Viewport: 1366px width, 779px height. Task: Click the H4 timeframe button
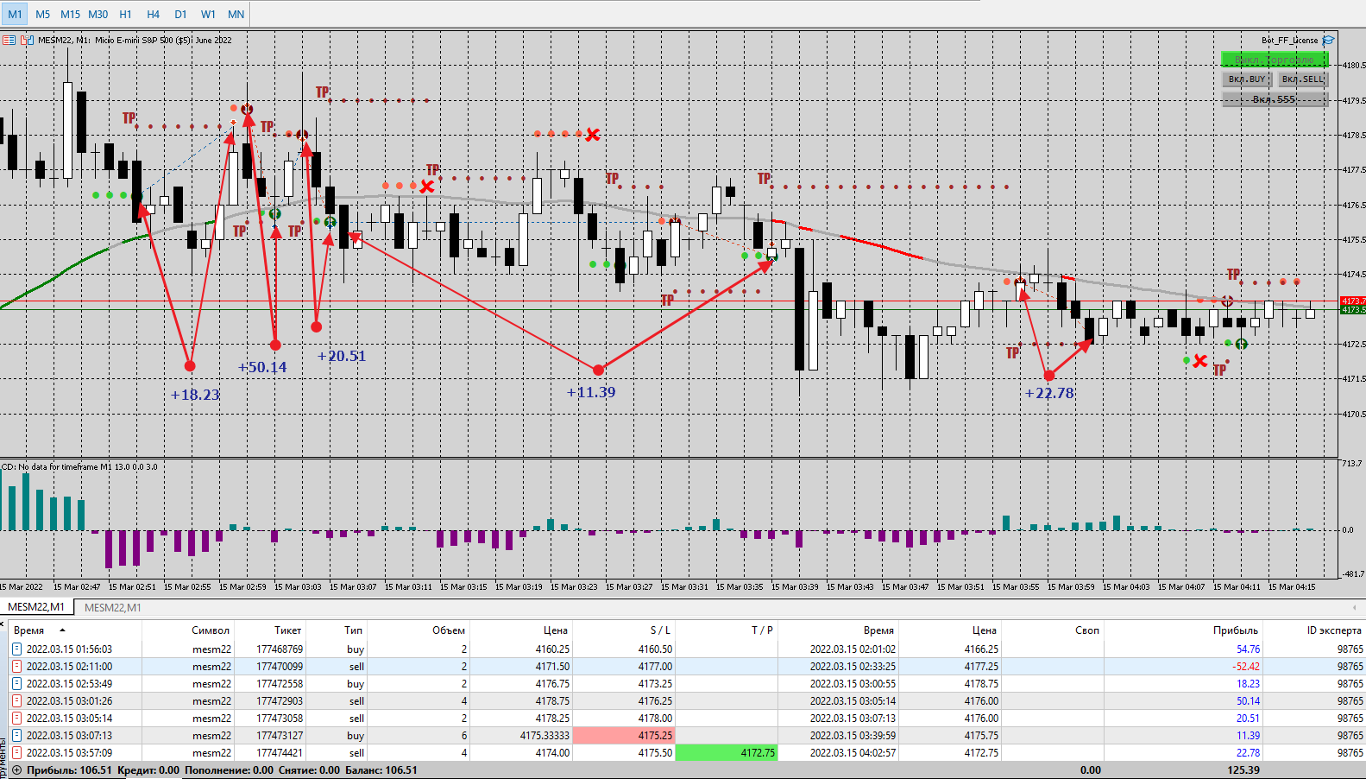click(153, 14)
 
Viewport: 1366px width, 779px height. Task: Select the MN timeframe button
click(236, 14)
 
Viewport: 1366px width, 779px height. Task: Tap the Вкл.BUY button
click(1246, 79)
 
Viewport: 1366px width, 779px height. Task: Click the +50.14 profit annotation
click(262, 368)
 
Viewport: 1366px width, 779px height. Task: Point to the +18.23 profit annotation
click(195, 396)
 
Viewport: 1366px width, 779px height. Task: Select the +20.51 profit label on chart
click(342, 357)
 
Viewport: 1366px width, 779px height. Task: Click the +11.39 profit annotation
click(591, 393)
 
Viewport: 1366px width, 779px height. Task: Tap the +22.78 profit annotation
click(1049, 394)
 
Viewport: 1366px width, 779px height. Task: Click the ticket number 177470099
click(279, 667)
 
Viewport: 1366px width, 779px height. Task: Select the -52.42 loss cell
click(1246, 667)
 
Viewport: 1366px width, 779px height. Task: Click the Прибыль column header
click(1235, 630)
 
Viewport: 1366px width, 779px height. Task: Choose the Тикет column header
click(287, 630)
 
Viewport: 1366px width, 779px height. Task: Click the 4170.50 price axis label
click(1353, 415)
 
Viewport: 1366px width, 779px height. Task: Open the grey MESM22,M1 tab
click(112, 608)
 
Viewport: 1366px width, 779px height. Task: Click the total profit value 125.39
click(1243, 770)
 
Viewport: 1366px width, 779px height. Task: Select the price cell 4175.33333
click(545, 736)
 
